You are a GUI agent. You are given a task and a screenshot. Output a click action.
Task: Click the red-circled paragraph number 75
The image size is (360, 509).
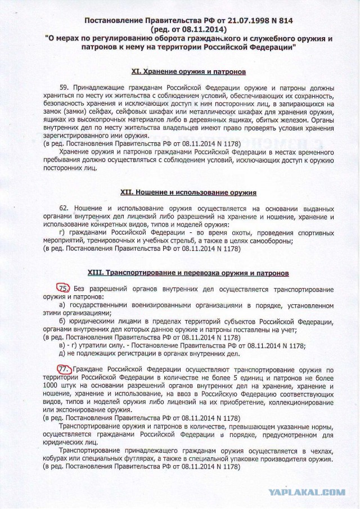pos(65,287)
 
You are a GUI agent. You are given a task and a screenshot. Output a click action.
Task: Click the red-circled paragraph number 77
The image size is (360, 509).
pos(65,368)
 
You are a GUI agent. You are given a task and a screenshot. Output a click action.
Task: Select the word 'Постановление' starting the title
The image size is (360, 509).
pos(112,21)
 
